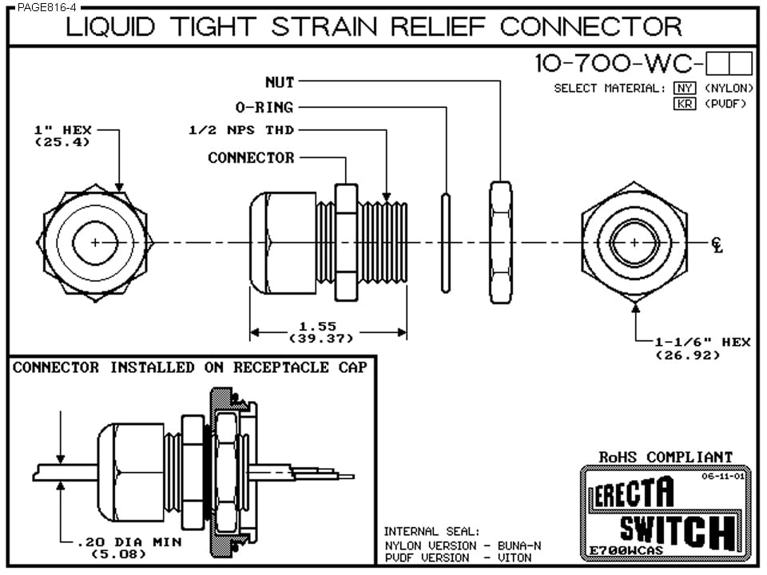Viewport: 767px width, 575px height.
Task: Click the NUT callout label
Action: click(x=280, y=81)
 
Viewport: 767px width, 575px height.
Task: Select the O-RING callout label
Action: click(x=264, y=107)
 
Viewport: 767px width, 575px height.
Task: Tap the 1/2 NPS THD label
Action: click(x=240, y=131)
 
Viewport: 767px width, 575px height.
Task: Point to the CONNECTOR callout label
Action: click(x=251, y=158)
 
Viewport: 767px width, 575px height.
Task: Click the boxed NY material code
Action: click(x=685, y=88)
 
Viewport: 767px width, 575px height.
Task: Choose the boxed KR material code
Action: click(x=685, y=104)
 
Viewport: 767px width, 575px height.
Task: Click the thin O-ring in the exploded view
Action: click(x=446, y=242)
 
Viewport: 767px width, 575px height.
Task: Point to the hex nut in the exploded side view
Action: click(x=500, y=242)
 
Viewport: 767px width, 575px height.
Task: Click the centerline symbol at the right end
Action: click(x=717, y=244)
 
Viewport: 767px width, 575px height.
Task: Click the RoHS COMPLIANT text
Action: click(x=666, y=457)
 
